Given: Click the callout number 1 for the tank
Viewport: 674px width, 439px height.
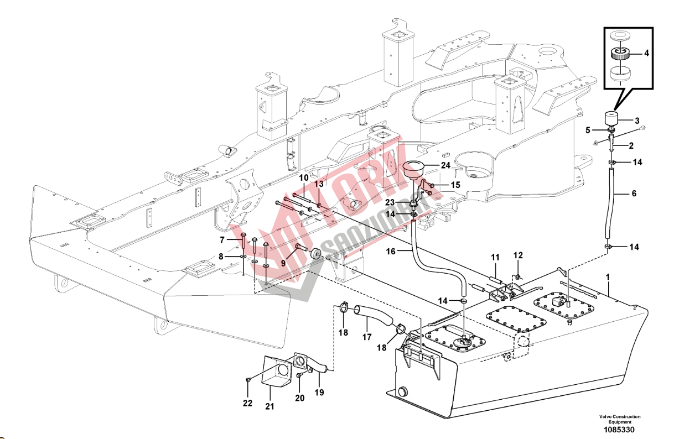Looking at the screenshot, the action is [608, 277].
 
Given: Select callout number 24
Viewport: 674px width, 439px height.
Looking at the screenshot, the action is [445, 165].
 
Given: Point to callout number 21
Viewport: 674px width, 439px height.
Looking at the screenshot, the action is [269, 406].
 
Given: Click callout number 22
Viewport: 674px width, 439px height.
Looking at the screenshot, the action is [248, 403].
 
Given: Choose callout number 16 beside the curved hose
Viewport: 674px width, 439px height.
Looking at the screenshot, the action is [391, 251].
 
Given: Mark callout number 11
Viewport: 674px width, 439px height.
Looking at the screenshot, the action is [495, 258].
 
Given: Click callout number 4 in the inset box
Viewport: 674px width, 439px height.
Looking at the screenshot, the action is [646, 54].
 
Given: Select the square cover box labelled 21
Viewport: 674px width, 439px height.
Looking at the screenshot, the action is [277, 370].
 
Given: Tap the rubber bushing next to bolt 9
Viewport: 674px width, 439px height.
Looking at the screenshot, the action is [315, 254].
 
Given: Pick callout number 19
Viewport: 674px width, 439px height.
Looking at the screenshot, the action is [319, 393].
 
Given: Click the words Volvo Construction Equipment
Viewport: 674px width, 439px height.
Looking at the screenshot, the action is [620, 419].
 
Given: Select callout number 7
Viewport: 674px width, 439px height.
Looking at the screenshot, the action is [222, 239].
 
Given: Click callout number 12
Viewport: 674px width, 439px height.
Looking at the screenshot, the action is [518, 255].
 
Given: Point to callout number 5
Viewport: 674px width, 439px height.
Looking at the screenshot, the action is [588, 130].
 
